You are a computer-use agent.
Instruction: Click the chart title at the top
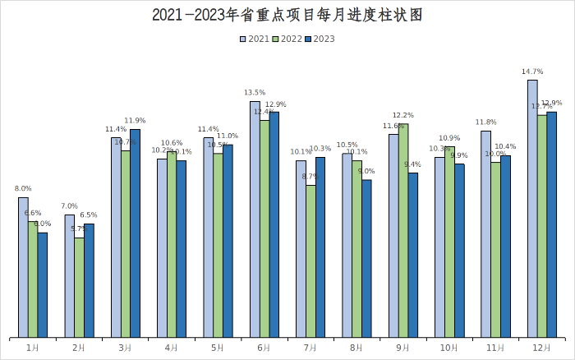287,15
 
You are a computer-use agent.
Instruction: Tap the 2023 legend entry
320,39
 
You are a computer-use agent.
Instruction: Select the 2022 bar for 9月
403,231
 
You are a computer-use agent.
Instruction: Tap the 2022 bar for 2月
79,288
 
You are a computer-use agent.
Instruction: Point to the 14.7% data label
531,72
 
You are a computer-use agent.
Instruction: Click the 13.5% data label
255,93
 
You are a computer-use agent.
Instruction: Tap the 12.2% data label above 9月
403,116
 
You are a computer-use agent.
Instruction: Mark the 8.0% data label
23,189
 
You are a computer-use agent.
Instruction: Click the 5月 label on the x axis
218,348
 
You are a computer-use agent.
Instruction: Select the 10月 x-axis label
449,348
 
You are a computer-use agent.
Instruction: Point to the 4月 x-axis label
171,348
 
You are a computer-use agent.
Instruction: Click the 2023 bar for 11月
505,247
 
